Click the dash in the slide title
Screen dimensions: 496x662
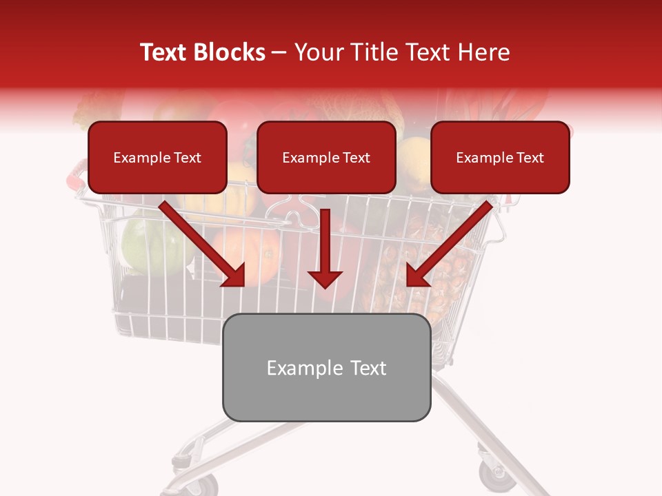click(279, 53)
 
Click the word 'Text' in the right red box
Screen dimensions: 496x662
click(530, 158)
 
